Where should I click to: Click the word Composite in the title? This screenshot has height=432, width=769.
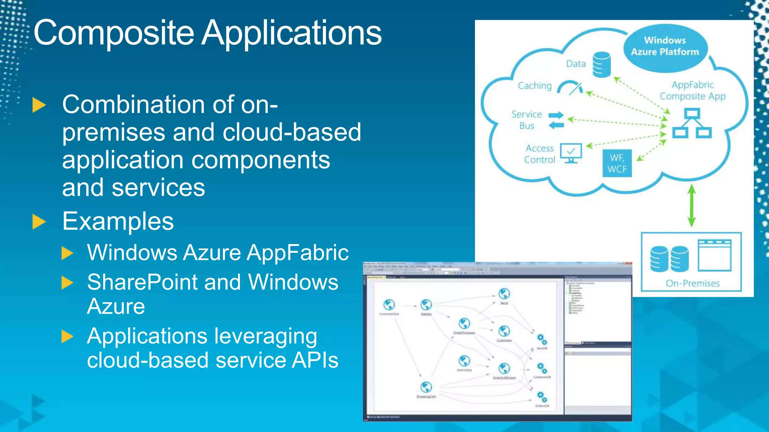click(114, 33)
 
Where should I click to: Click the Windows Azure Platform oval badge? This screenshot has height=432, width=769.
click(665, 46)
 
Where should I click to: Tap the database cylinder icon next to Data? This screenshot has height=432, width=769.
click(602, 64)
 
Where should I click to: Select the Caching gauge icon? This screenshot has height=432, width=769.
click(570, 88)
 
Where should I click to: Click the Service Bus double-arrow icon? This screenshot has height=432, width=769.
click(556, 120)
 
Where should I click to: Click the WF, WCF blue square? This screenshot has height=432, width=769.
click(617, 163)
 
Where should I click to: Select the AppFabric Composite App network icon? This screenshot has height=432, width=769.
click(692, 123)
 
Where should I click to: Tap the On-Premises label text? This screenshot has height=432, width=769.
click(692, 283)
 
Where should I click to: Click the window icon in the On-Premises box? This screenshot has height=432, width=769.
click(714, 255)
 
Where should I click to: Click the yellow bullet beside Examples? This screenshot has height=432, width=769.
click(39, 222)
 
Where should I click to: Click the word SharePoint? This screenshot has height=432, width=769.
click(142, 282)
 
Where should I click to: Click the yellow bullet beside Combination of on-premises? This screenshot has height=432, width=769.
click(39, 105)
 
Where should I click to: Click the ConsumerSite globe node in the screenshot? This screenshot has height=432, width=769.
click(389, 304)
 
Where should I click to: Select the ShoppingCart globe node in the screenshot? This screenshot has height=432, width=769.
click(426, 387)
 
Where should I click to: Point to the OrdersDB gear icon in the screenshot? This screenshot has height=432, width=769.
click(542, 396)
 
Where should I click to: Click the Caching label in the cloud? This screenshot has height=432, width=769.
click(535, 86)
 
